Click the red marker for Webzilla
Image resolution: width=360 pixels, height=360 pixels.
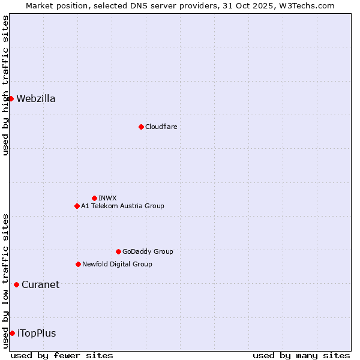click(x=11, y=98)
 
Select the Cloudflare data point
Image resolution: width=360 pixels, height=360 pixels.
click(x=141, y=127)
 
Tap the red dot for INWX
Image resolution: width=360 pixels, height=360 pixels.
click(x=94, y=198)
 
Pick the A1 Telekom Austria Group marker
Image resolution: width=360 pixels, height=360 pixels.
click(x=77, y=206)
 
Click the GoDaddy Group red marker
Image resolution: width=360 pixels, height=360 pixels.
click(x=118, y=251)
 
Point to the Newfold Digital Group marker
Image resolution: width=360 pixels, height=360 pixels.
click(x=78, y=264)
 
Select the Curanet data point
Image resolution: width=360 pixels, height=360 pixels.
click(x=16, y=284)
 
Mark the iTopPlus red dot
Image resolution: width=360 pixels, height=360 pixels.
click(x=12, y=333)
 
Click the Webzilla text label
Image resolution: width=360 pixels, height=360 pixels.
click(x=36, y=99)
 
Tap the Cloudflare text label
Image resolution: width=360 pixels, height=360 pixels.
click(x=161, y=127)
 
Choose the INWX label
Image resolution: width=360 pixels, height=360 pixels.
click(x=107, y=198)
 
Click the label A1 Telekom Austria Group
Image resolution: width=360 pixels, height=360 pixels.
click(x=122, y=206)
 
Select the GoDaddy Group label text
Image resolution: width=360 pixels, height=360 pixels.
click(x=148, y=251)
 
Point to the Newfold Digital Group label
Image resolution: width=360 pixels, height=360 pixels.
click(x=117, y=264)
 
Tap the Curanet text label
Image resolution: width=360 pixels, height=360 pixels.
click(x=40, y=285)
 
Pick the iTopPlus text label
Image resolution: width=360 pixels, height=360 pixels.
click(x=37, y=334)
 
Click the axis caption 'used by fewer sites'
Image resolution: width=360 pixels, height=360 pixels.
click(x=62, y=355)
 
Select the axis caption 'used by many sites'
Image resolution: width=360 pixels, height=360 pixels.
click(x=301, y=355)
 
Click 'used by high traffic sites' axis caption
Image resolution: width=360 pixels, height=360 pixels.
click(x=5, y=85)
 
